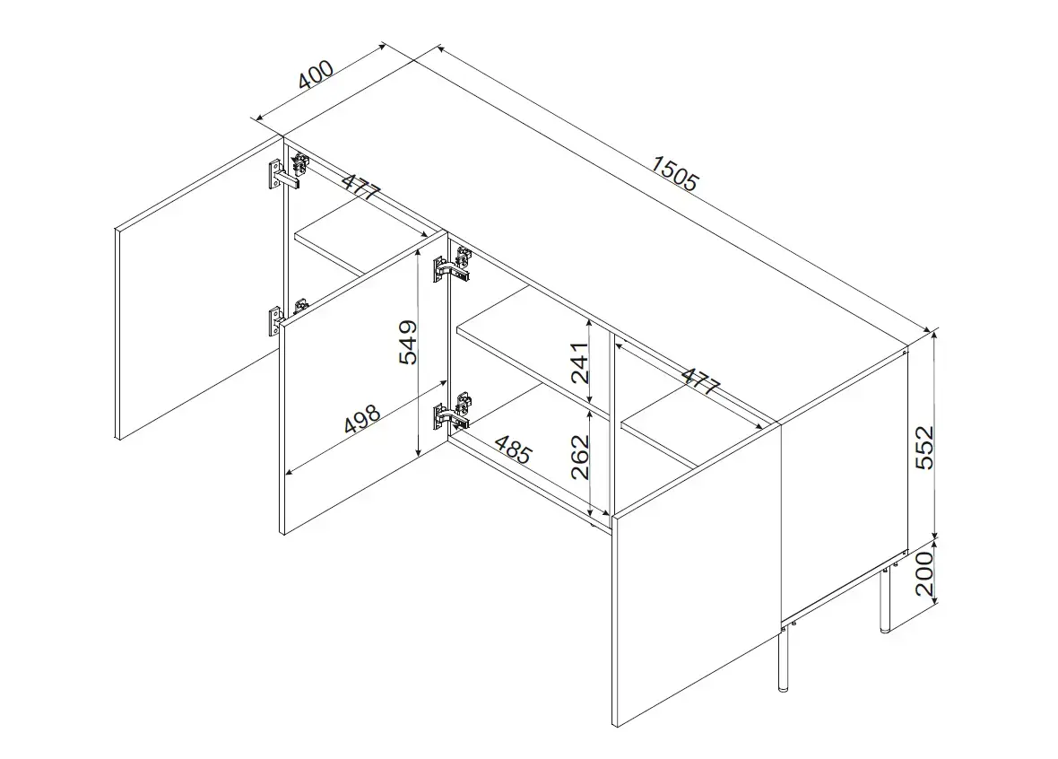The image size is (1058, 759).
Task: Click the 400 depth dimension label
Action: tap(316, 74)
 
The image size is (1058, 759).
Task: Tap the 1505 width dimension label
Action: tap(675, 173)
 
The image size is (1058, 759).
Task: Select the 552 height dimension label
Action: tap(924, 447)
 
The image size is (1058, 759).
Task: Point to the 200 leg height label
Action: tap(924, 572)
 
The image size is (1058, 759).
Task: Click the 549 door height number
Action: tap(408, 343)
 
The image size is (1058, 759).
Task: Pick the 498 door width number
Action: tap(363, 419)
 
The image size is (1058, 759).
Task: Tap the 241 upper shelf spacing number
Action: tap(579, 362)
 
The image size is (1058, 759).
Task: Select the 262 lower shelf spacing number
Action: tap(579, 457)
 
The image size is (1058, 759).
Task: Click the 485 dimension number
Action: tap(514, 449)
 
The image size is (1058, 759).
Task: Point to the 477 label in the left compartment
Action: tap(361, 187)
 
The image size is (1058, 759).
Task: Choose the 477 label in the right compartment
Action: tap(699, 381)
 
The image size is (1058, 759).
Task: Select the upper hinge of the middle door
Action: tap(452, 265)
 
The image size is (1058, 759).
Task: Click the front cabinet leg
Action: tap(783, 659)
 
